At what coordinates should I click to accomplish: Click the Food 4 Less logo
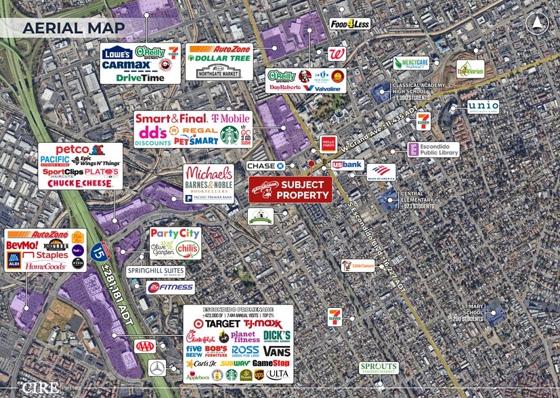click(350, 24)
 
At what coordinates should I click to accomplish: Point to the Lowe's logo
click(117, 52)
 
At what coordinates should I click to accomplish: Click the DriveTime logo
click(141, 77)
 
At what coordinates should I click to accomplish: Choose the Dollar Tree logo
click(218, 59)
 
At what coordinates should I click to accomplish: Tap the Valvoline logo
click(322, 88)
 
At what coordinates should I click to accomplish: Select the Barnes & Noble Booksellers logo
click(209, 187)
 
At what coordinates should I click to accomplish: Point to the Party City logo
click(175, 234)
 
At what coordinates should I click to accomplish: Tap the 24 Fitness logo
click(171, 287)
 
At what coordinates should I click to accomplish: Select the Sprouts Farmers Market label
click(379, 368)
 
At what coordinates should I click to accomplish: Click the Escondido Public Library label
click(434, 150)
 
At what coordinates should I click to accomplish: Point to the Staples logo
click(46, 255)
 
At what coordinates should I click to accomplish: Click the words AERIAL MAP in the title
click(73, 28)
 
